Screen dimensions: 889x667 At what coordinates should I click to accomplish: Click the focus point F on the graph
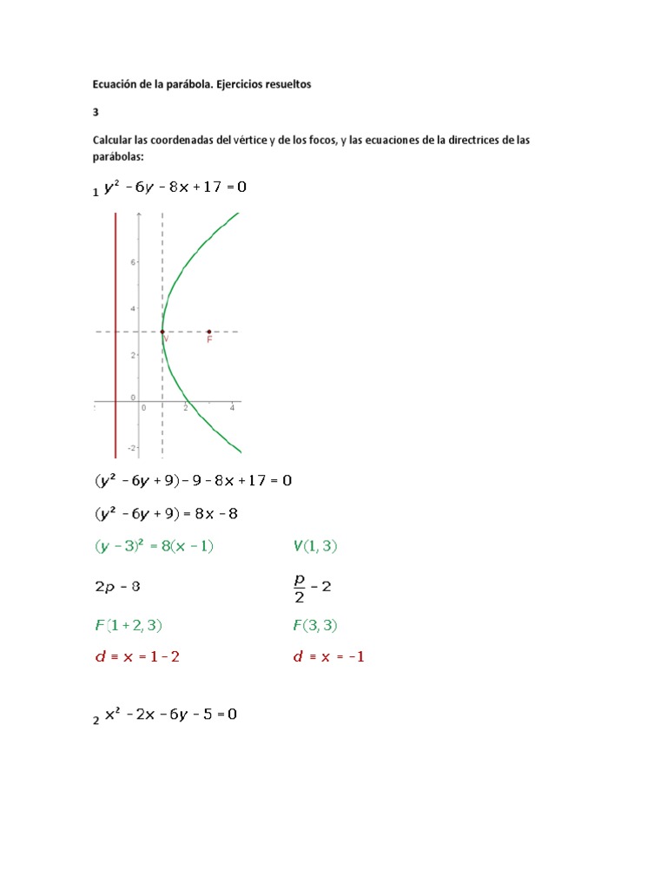tap(209, 331)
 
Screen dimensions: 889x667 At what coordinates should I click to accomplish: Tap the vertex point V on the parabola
tap(162, 331)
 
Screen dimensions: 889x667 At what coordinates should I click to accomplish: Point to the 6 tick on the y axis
tap(132, 260)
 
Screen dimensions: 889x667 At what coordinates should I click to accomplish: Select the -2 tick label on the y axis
tap(131, 448)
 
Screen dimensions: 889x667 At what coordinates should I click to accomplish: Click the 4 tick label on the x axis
tap(232, 407)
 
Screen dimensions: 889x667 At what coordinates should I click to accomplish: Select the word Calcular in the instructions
tap(114, 141)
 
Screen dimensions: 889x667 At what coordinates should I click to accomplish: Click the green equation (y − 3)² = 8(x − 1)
tap(154, 546)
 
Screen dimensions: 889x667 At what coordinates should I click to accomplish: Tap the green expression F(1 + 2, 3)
tap(129, 624)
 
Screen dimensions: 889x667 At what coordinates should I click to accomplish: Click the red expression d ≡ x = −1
tap(329, 657)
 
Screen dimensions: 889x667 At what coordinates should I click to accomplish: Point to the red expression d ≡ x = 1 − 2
tap(136, 657)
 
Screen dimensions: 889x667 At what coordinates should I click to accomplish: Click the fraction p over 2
tap(300, 586)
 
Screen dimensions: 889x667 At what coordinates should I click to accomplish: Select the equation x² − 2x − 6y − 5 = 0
tap(170, 714)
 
